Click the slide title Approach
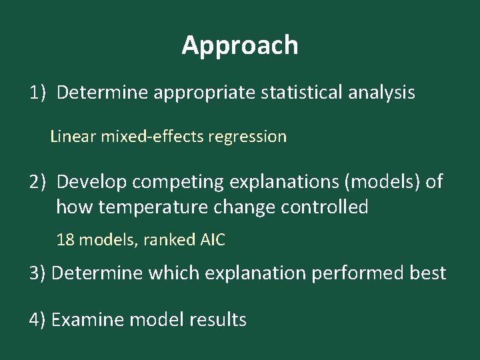coord(240,45)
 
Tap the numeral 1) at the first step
coord(37,93)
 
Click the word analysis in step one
coord(382,93)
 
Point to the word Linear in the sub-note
coord(73,137)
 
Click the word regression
coord(247,137)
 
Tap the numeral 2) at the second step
coord(37,181)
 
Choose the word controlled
coord(325,207)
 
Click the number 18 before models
coord(65,240)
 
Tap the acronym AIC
coord(213,240)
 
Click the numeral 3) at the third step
coord(37,273)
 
